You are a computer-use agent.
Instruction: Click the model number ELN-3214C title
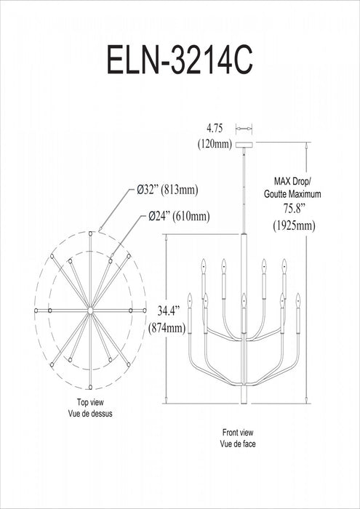[180, 61]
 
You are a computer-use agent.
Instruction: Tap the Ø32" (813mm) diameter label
[167, 191]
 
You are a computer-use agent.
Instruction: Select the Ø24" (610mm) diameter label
[179, 216]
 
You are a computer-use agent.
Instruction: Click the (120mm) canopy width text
[215, 144]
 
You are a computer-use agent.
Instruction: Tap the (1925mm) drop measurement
[294, 225]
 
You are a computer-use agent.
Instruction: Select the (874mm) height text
[167, 328]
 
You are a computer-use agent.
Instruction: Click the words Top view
[91, 402]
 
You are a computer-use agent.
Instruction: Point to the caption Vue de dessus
[90, 414]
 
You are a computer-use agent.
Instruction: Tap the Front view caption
[238, 433]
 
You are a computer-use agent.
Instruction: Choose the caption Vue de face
[238, 444]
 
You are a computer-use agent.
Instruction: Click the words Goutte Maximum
[292, 194]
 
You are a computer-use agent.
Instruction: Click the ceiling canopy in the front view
[244, 145]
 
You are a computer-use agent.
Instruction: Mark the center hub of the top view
[90, 310]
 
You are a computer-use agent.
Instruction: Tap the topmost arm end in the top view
[90, 233]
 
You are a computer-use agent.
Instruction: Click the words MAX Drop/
[292, 180]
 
